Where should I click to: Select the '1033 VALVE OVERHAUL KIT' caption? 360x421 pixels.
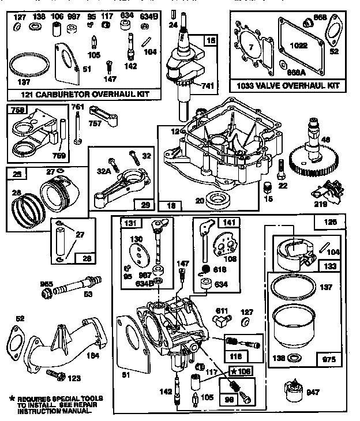(x=288, y=85)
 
